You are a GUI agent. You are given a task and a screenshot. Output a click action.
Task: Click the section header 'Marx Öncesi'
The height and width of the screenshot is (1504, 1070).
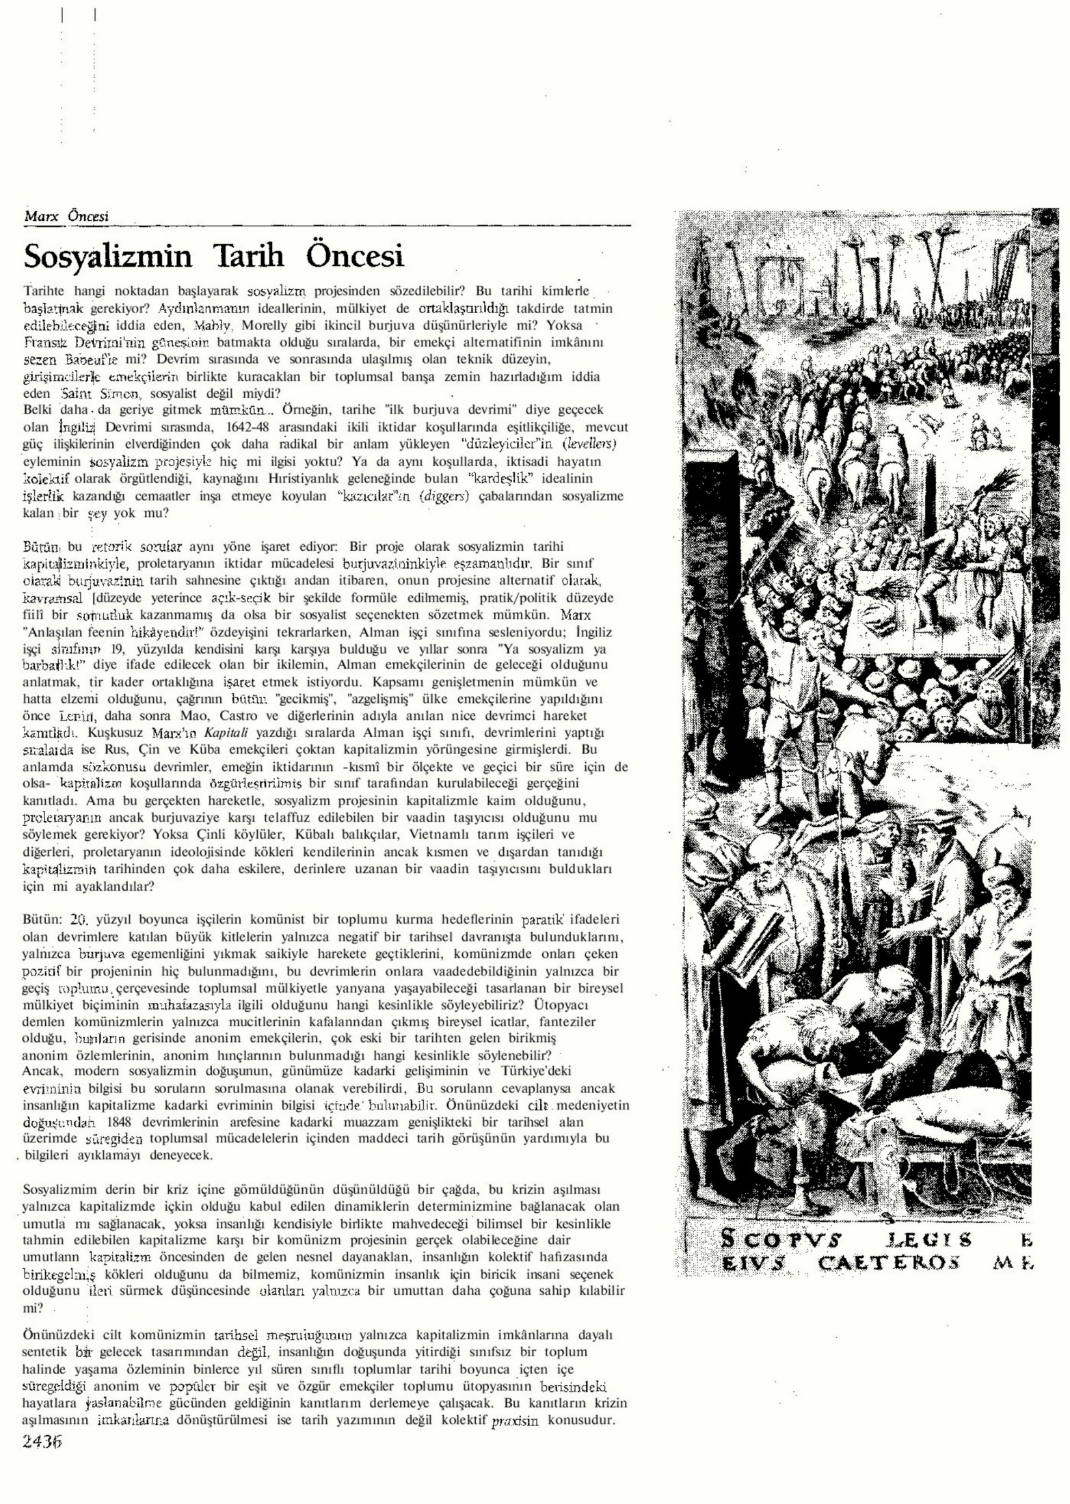point(66,217)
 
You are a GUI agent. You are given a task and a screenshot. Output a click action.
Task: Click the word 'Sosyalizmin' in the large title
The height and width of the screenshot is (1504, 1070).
point(108,256)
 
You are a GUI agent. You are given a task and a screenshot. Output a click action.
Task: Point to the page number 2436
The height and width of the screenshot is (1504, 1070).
point(42,1441)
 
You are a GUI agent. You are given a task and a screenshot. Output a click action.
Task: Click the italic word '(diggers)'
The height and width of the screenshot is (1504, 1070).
point(445,496)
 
